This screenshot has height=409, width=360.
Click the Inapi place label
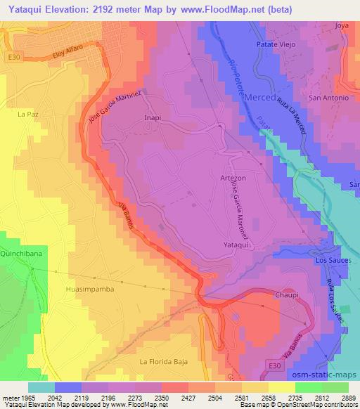[153, 118]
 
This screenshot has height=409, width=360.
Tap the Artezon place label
[233, 178]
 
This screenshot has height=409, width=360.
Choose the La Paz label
[27, 112]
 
